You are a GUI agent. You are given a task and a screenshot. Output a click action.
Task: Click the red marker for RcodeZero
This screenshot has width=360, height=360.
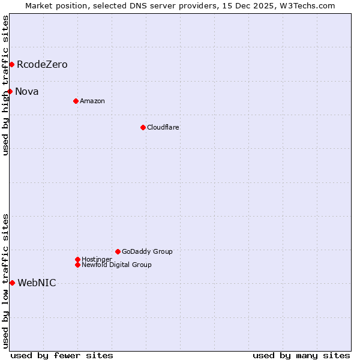pyautogui.click(x=11, y=64)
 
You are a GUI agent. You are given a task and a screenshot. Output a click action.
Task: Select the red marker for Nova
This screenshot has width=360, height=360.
pyautogui.click(x=10, y=91)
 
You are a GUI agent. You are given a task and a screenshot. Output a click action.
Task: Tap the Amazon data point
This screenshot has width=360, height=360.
pyautogui.click(x=76, y=101)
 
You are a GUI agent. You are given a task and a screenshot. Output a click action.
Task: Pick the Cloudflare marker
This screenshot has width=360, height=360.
pyautogui.click(x=143, y=127)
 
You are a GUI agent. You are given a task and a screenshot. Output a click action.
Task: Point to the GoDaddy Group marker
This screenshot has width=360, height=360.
pyautogui.click(x=118, y=251)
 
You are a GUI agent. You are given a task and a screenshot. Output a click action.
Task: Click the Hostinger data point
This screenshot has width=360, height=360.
pyautogui.click(x=77, y=259)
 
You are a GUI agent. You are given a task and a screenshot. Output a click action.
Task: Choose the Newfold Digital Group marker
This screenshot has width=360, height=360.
pyautogui.click(x=77, y=265)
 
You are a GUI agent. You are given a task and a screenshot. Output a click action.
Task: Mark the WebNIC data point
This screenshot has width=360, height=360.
pyautogui.click(x=12, y=283)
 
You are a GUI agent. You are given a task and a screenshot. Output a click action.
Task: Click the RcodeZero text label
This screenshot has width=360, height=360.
pyautogui.click(x=42, y=64)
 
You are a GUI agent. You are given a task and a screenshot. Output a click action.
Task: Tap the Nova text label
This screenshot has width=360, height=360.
pyautogui.click(x=27, y=91)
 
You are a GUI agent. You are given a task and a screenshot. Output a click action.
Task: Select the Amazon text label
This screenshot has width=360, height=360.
pyautogui.click(x=92, y=101)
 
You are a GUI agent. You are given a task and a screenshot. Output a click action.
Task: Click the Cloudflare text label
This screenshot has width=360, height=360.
pyautogui.click(x=163, y=127)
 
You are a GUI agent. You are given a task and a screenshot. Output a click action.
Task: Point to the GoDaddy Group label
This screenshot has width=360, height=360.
pyautogui.click(x=147, y=251)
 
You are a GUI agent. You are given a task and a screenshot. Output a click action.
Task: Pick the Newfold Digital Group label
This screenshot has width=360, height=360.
pyautogui.click(x=117, y=265)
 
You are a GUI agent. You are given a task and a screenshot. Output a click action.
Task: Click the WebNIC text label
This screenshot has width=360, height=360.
pyautogui.click(x=37, y=283)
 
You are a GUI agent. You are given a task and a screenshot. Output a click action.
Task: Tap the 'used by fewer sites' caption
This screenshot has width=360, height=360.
pyautogui.click(x=62, y=355)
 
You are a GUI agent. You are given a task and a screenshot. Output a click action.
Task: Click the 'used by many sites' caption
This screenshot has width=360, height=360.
pyautogui.click(x=301, y=355)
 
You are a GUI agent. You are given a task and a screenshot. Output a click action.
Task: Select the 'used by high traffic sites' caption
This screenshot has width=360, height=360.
pyautogui.click(x=5, y=85)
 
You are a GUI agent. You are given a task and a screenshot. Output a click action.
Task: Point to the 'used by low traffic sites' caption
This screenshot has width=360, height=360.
pyautogui.click(x=5, y=281)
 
